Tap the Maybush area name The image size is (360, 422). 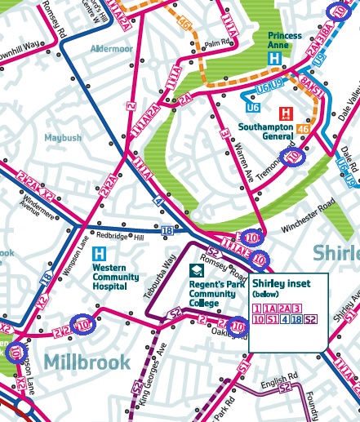pyautogui.click(x=63, y=138)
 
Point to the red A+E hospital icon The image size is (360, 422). pyautogui.click(x=286, y=113)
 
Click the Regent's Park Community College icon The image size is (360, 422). pyautogui.click(x=197, y=271)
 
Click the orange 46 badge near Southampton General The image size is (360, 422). pyautogui.click(x=303, y=128)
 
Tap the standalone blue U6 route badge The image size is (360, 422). pyautogui.click(x=253, y=107)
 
